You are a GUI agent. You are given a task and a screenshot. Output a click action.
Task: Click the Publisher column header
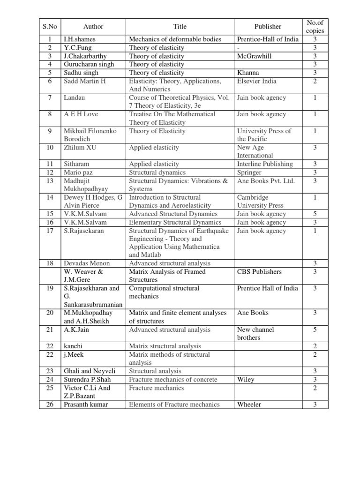point(268,27)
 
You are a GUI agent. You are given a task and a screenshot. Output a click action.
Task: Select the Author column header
point(93,27)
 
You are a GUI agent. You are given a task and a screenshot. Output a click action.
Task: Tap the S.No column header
point(50,27)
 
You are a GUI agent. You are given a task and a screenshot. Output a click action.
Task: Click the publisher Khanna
point(248,73)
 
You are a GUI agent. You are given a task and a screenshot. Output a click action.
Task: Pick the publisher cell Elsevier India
point(257,81)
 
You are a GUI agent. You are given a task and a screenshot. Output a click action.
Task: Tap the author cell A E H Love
point(81,114)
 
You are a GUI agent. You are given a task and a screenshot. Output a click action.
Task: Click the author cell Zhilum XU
point(80,148)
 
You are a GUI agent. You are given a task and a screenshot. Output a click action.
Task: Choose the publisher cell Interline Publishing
point(265,164)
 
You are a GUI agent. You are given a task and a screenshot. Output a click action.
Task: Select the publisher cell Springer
point(249,172)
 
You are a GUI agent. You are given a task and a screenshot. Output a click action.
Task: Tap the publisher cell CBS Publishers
point(259,272)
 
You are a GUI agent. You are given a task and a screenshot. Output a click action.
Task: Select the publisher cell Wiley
point(246,380)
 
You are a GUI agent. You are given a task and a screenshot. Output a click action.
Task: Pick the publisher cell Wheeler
point(249,405)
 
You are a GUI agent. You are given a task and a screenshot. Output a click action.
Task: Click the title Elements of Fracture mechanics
point(174,405)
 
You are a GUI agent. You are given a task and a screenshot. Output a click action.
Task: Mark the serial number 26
point(50,405)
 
